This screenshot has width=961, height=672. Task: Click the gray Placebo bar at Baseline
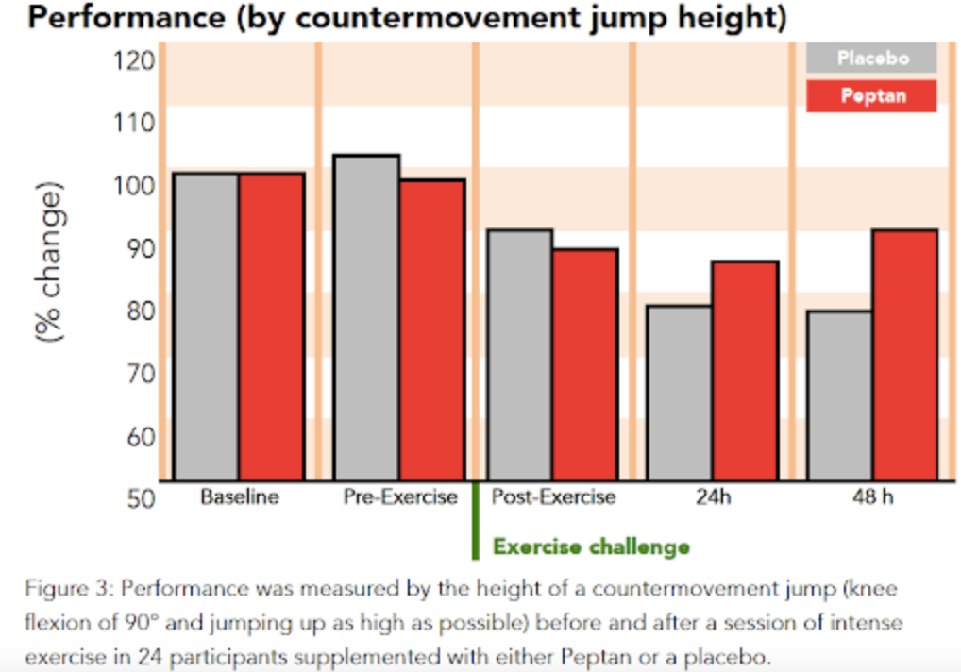coord(207,327)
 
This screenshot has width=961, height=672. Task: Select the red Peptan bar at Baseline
coord(271,327)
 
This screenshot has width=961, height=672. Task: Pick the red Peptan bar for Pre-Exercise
coord(431,330)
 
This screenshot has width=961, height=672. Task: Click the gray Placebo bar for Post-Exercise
coord(519,355)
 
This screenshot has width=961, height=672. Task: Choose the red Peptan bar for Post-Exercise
coord(585,364)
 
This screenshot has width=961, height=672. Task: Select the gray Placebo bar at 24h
coord(679,393)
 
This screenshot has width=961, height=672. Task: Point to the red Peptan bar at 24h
coord(745,371)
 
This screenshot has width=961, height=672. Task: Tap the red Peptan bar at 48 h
coord(904,355)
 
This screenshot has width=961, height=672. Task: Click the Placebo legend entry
coord(871,59)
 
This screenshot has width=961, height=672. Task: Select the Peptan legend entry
coord(871,96)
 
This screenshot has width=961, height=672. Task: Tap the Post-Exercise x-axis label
coord(553,497)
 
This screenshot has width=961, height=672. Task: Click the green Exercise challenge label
coord(591,546)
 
